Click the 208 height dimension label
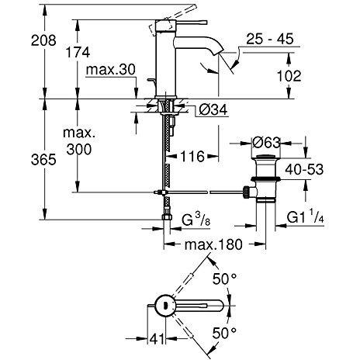point(43,40)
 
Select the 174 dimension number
point(78,52)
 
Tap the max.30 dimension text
point(111,70)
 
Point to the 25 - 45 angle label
point(270,39)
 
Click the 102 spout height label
point(289,76)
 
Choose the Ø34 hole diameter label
point(213,109)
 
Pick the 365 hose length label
point(43,159)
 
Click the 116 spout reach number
point(192,156)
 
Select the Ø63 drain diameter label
point(266,143)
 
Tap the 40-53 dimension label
point(304,170)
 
